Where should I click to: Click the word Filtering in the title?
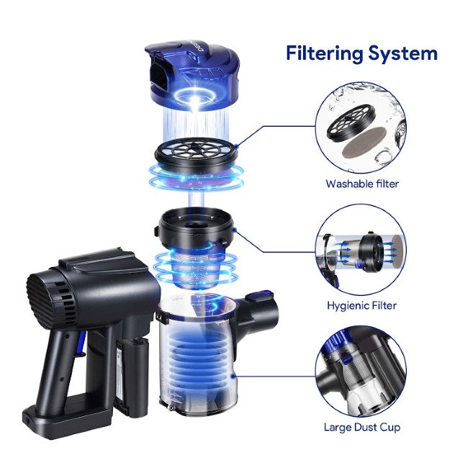click(325, 54)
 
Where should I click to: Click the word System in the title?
click(403, 53)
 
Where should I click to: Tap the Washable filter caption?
click(362, 184)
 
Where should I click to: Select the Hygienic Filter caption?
click(361, 305)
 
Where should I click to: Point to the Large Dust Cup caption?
click(361, 427)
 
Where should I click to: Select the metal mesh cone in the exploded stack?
click(195, 266)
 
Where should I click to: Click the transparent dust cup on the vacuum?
click(197, 355)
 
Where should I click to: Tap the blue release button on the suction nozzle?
click(259, 295)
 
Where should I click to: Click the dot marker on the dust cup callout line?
click(233, 377)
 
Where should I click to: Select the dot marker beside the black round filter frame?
click(236, 146)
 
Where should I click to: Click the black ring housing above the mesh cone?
click(195, 226)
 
